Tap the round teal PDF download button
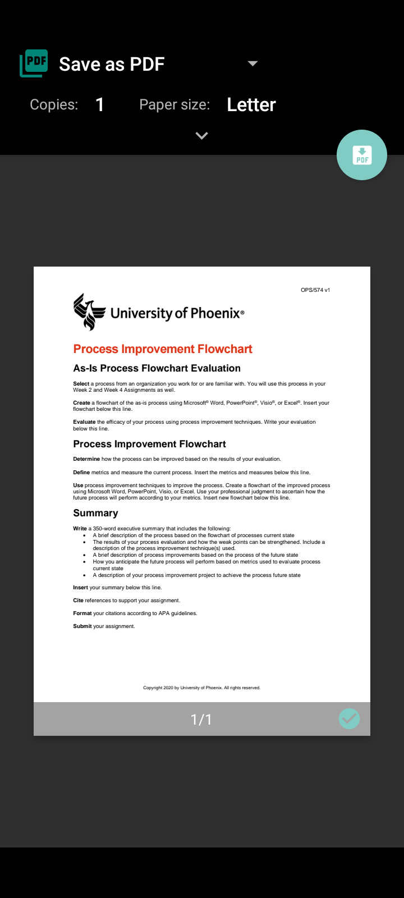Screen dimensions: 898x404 tap(362, 155)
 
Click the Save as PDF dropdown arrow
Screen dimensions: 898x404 tap(252, 63)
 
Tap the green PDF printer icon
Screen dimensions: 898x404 tap(34, 63)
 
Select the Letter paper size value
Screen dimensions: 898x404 tap(251, 105)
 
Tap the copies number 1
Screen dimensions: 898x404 tap(100, 105)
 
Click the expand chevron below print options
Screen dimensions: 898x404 tap(201, 136)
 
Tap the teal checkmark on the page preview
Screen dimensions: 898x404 tap(349, 719)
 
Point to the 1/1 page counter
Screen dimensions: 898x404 tap(201, 720)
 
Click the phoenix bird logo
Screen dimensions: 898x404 tap(89, 311)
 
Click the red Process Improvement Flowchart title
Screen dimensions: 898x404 tap(163, 349)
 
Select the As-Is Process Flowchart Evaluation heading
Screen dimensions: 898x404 tap(157, 368)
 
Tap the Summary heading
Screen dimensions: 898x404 tap(95, 513)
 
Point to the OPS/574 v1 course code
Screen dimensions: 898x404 tap(315, 290)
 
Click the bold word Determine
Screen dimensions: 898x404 tap(86, 459)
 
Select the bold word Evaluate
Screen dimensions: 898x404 tap(84, 422)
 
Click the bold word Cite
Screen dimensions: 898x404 tap(78, 601)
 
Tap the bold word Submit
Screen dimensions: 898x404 tap(82, 626)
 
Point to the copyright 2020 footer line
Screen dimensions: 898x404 tap(201, 688)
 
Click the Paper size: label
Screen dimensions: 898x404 tap(175, 105)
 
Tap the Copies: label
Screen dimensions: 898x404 tap(54, 105)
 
